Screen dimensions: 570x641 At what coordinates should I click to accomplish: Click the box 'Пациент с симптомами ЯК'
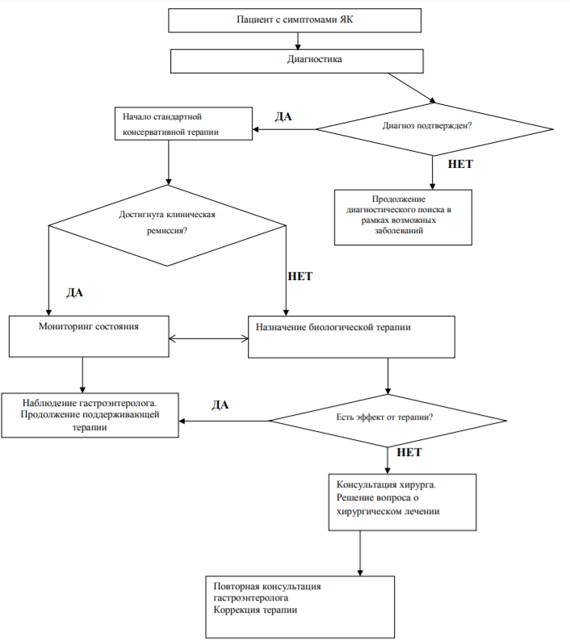click(295, 20)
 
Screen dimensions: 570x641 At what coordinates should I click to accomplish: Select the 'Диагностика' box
click(297, 61)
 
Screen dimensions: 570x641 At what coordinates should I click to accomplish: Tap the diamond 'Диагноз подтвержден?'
click(434, 129)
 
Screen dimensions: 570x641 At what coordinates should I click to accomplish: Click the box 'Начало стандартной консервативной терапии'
click(183, 124)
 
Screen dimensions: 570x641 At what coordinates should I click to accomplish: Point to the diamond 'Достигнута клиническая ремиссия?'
click(167, 225)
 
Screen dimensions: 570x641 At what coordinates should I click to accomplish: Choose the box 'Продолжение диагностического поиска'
click(403, 217)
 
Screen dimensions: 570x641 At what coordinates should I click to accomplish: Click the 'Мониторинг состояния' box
click(89, 337)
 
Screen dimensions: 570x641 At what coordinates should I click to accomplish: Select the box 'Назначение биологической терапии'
click(351, 337)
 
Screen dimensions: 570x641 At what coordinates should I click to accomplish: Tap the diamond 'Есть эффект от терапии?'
click(388, 421)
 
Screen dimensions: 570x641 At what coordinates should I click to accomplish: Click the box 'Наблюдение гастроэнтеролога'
click(90, 415)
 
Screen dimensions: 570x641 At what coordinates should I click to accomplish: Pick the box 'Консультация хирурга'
click(402, 502)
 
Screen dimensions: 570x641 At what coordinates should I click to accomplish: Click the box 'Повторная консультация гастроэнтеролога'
click(300, 606)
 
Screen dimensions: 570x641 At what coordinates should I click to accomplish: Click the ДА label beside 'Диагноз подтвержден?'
click(283, 117)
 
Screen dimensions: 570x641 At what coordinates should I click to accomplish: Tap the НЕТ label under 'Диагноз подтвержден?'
click(460, 165)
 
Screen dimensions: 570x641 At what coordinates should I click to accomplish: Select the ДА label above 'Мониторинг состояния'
click(75, 293)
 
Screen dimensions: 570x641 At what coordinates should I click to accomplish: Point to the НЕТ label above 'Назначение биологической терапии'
click(300, 276)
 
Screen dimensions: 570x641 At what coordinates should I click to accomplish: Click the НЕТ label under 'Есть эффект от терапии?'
click(409, 452)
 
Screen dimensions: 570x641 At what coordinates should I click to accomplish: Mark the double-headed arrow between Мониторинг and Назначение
click(208, 338)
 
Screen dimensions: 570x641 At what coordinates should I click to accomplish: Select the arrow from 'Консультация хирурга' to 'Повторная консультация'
click(360, 554)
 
